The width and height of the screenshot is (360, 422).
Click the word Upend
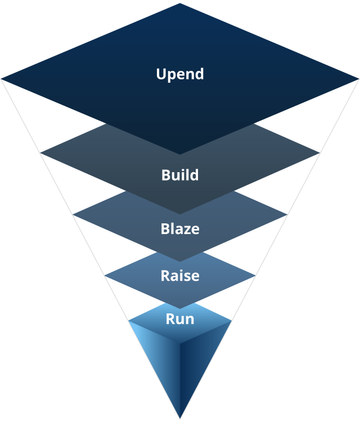pyautogui.click(x=180, y=74)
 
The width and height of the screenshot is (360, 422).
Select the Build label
pyautogui.click(x=180, y=175)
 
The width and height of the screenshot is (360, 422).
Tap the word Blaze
pyautogui.click(x=180, y=230)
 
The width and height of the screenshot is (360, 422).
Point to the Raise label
pyautogui.click(x=180, y=276)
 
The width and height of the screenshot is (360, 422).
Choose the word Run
pyautogui.click(x=180, y=319)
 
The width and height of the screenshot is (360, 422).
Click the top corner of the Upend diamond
pyautogui.click(x=180, y=3)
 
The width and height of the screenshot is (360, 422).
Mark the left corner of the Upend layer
pyautogui.click(x=2, y=79)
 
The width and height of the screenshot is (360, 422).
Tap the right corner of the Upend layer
pyautogui.click(x=358, y=79)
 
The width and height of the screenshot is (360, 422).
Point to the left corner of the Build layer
pyautogui.click(x=41, y=152)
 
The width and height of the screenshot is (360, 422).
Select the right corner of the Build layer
pyautogui.click(x=319, y=152)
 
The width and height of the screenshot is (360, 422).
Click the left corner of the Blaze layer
pyautogui.click(x=74, y=214)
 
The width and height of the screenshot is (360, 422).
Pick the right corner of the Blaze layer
pyautogui.click(x=286, y=214)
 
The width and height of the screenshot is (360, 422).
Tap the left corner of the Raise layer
pyautogui.click(x=105, y=276)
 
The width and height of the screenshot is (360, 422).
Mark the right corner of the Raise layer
pyautogui.click(x=255, y=276)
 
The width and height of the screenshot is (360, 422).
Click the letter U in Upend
pyautogui.click(x=161, y=74)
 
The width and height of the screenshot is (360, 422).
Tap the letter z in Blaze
pyautogui.click(x=187, y=230)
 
